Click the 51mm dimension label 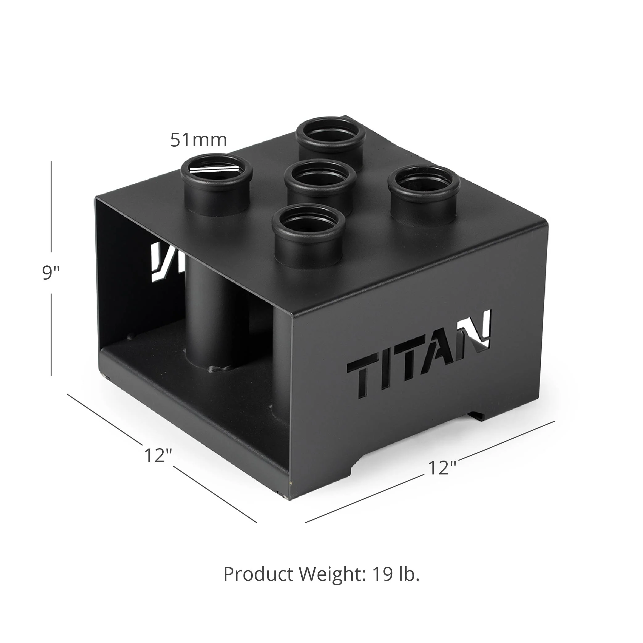tap(199, 140)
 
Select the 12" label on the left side tap(158, 455)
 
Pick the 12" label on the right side tap(442, 468)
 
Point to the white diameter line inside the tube tap(215, 170)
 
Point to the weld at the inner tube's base tap(220, 369)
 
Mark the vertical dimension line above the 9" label tap(51, 206)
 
